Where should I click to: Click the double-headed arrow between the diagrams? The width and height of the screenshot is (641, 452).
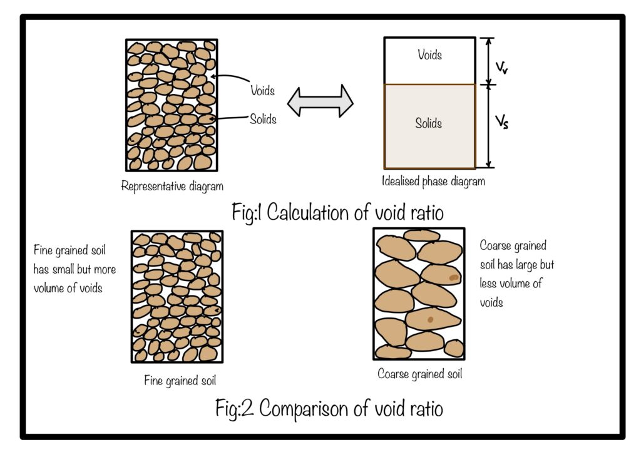point(320,101)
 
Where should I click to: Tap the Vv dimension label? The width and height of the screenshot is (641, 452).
point(501,68)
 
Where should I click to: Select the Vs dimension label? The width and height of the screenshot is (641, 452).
point(501,122)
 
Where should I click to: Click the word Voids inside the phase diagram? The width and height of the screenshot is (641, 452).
point(429,54)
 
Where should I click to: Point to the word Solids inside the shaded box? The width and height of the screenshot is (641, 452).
point(428,123)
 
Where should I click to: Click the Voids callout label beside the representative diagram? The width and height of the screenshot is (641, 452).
point(262,90)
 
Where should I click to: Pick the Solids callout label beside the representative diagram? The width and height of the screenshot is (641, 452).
point(264,120)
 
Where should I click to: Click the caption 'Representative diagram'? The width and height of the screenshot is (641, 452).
point(172,187)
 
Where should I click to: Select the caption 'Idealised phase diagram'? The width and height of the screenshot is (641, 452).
point(433,181)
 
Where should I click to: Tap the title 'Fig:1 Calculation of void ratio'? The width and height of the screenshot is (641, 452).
point(337,212)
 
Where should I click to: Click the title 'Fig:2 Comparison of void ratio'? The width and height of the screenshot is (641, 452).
point(329,408)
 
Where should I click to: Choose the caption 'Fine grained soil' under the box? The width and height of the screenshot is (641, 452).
point(180,381)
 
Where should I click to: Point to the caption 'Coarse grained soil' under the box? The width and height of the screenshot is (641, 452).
point(420,374)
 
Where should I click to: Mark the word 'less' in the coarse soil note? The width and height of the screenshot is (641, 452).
point(488,283)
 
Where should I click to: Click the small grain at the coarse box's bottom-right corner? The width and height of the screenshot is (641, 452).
point(454,349)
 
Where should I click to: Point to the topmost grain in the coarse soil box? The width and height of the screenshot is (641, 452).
point(421,235)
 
